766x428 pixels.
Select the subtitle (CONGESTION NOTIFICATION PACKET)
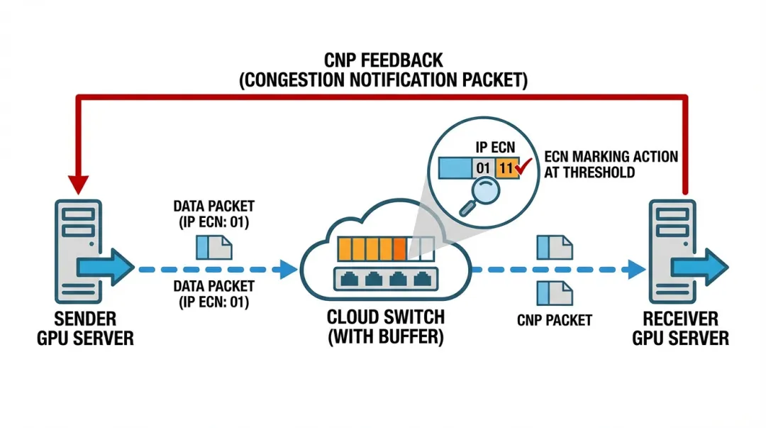tap(383, 79)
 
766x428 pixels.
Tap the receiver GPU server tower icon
tap(670, 252)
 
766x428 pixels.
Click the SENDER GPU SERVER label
tap(85, 327)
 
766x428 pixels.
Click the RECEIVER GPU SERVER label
tap(680, 327)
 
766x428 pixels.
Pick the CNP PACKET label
tap(554, 320)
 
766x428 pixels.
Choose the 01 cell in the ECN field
tap(482, 168)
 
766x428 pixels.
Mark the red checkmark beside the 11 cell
tap(524, 168)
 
